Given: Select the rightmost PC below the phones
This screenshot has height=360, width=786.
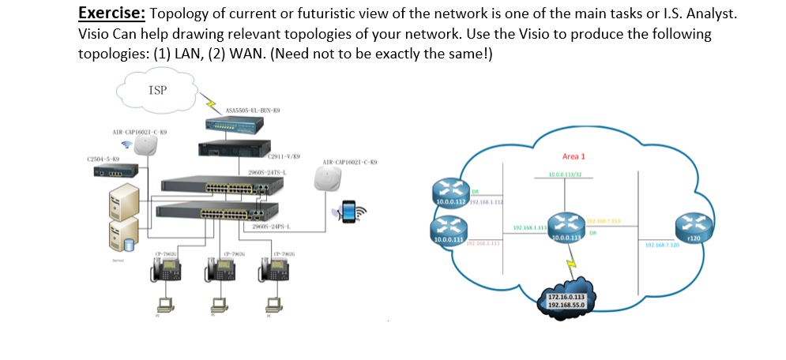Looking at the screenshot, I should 273,303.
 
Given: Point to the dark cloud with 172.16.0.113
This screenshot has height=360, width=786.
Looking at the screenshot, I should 567,296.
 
